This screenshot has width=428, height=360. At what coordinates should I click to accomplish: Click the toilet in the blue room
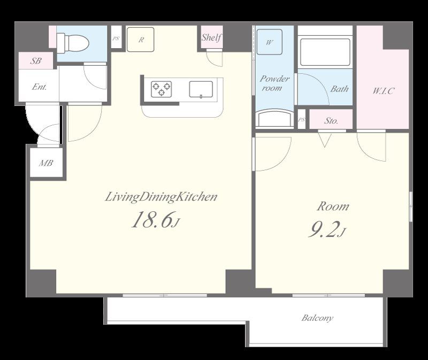click(x=73, y=42)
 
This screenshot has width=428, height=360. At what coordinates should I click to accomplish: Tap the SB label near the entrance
click(x=36, y=61)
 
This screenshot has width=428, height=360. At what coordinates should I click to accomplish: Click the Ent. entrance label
click(x=39, y=87)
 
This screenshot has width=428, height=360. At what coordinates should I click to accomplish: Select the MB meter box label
click(x=46, y=163)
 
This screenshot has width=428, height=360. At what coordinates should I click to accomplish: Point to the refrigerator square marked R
click(x=141, y=40)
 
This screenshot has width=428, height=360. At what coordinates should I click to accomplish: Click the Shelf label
click(x=211, y=37)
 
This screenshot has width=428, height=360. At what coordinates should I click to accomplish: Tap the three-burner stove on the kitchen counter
click(x=162, y=89)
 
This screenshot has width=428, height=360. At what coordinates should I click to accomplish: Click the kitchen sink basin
click(x=201, y=89)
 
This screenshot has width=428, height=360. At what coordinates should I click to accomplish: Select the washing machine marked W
click(x=270, y=42)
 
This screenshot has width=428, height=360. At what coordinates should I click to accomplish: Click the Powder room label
click(x=274, y=83)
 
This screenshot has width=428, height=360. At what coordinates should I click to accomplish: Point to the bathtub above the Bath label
click(x=325, y=52)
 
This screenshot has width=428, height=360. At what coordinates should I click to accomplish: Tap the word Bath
click(x=340, y=89)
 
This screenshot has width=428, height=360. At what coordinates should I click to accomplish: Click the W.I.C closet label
click(x=383, y=90)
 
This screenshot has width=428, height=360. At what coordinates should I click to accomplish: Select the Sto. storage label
click(x=331, y=120)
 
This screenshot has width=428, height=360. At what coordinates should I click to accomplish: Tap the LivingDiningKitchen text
click(x=161, y=197)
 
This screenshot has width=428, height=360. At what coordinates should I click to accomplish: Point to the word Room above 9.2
click(x=333, y=206)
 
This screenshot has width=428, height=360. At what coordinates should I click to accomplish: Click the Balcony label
click(x=317, y=318)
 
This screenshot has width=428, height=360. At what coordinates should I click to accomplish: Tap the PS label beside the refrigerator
click(x=116, y=39)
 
